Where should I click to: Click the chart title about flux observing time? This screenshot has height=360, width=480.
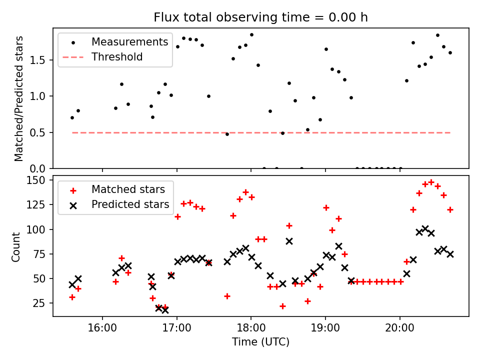[260, 17]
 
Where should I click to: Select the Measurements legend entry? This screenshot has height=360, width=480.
[129, 42]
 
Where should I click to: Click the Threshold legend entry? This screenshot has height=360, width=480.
[117, 57]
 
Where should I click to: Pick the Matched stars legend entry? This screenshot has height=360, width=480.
[128, 189]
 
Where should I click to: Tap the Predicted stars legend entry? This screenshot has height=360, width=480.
[130, 204]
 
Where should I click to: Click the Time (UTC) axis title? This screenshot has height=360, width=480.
[260, 342]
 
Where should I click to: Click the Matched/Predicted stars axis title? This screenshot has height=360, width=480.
[19, 98]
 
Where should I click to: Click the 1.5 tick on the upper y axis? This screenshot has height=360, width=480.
[39, 60]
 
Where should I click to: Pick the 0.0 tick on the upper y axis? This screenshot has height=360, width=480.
[39, 168]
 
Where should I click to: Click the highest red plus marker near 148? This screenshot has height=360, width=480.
[431, 182]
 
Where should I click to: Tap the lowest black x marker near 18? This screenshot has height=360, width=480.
[165, 310]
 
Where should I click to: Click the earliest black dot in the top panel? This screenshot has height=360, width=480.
[72, 117]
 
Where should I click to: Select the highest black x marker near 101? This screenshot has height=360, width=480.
[425, 228]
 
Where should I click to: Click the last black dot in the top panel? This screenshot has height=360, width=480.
[450, 52]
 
